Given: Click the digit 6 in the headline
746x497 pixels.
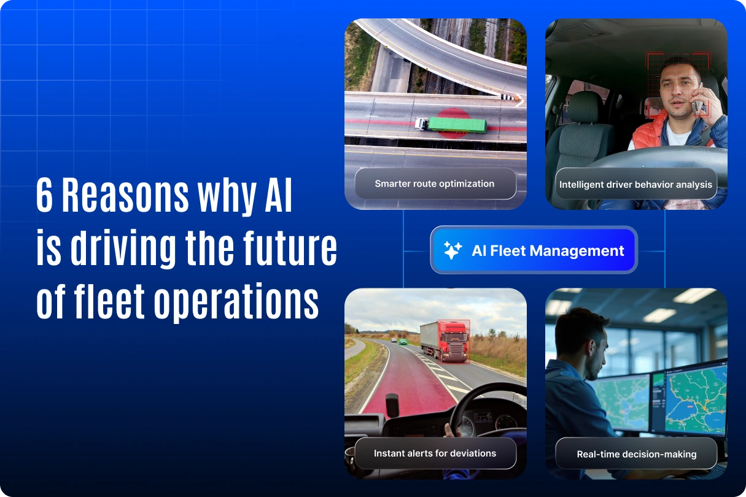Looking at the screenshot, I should coord(45,196).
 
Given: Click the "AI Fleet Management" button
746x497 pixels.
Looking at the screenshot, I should coord(534,250).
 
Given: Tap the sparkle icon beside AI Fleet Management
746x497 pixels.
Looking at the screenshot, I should coord(453,250).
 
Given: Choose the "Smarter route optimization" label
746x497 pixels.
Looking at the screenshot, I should coord(435,183).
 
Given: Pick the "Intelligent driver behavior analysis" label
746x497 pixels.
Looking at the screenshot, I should coord(635,184).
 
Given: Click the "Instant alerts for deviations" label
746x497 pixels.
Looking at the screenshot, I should coord(435,453).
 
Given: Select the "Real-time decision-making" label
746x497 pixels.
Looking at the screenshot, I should coord(636,455).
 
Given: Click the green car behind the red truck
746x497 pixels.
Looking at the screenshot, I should coord(403,341).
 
